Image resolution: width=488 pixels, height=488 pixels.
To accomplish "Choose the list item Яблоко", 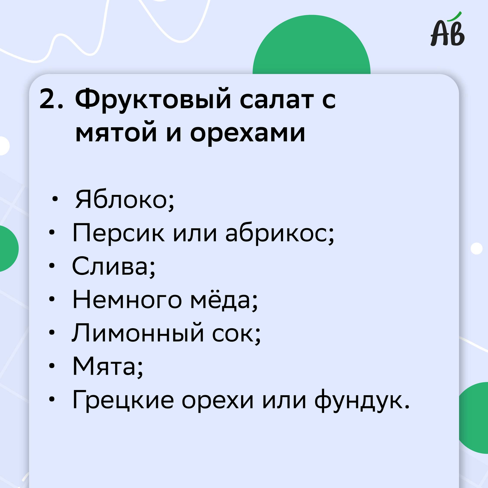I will (124, 200).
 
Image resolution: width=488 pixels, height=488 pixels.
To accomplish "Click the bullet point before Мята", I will (51, 366).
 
